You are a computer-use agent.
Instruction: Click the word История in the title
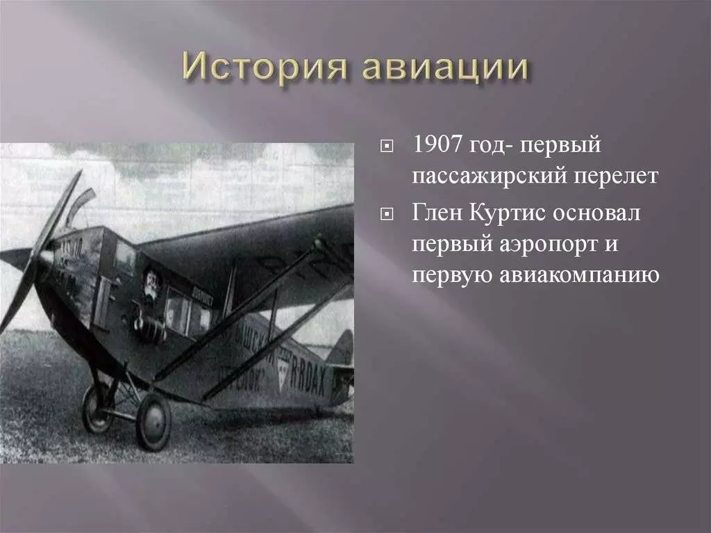[x=266, y=67]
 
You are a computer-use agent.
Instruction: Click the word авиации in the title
[x=445, y=69]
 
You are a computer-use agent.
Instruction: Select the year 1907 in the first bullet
[x=437, y=145]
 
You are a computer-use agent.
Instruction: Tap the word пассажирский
[x=489, y=177]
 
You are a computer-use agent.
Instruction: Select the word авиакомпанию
[x=580, y=275]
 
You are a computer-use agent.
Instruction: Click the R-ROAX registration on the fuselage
[x=308, y=375]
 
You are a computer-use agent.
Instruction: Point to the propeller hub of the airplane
[x=44, y=259]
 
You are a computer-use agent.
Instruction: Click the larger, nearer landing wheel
[x=153, y=422]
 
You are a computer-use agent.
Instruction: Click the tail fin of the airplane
[x=343, y=347]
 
